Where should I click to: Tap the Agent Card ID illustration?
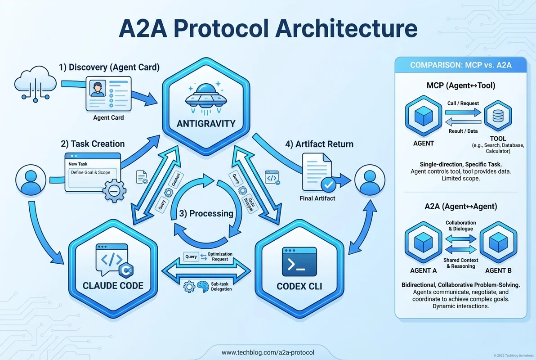point(108,93)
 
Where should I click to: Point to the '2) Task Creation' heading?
point(92,144)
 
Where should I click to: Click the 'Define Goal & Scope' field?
point(90,172)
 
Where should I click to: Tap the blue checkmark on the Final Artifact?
point(327,184)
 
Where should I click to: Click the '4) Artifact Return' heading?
point(319,144)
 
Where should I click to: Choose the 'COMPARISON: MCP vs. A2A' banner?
point(461,66)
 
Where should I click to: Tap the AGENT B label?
point(497,270)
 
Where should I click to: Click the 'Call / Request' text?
point(463,103)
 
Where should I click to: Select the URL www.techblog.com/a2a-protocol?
point(268,352)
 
